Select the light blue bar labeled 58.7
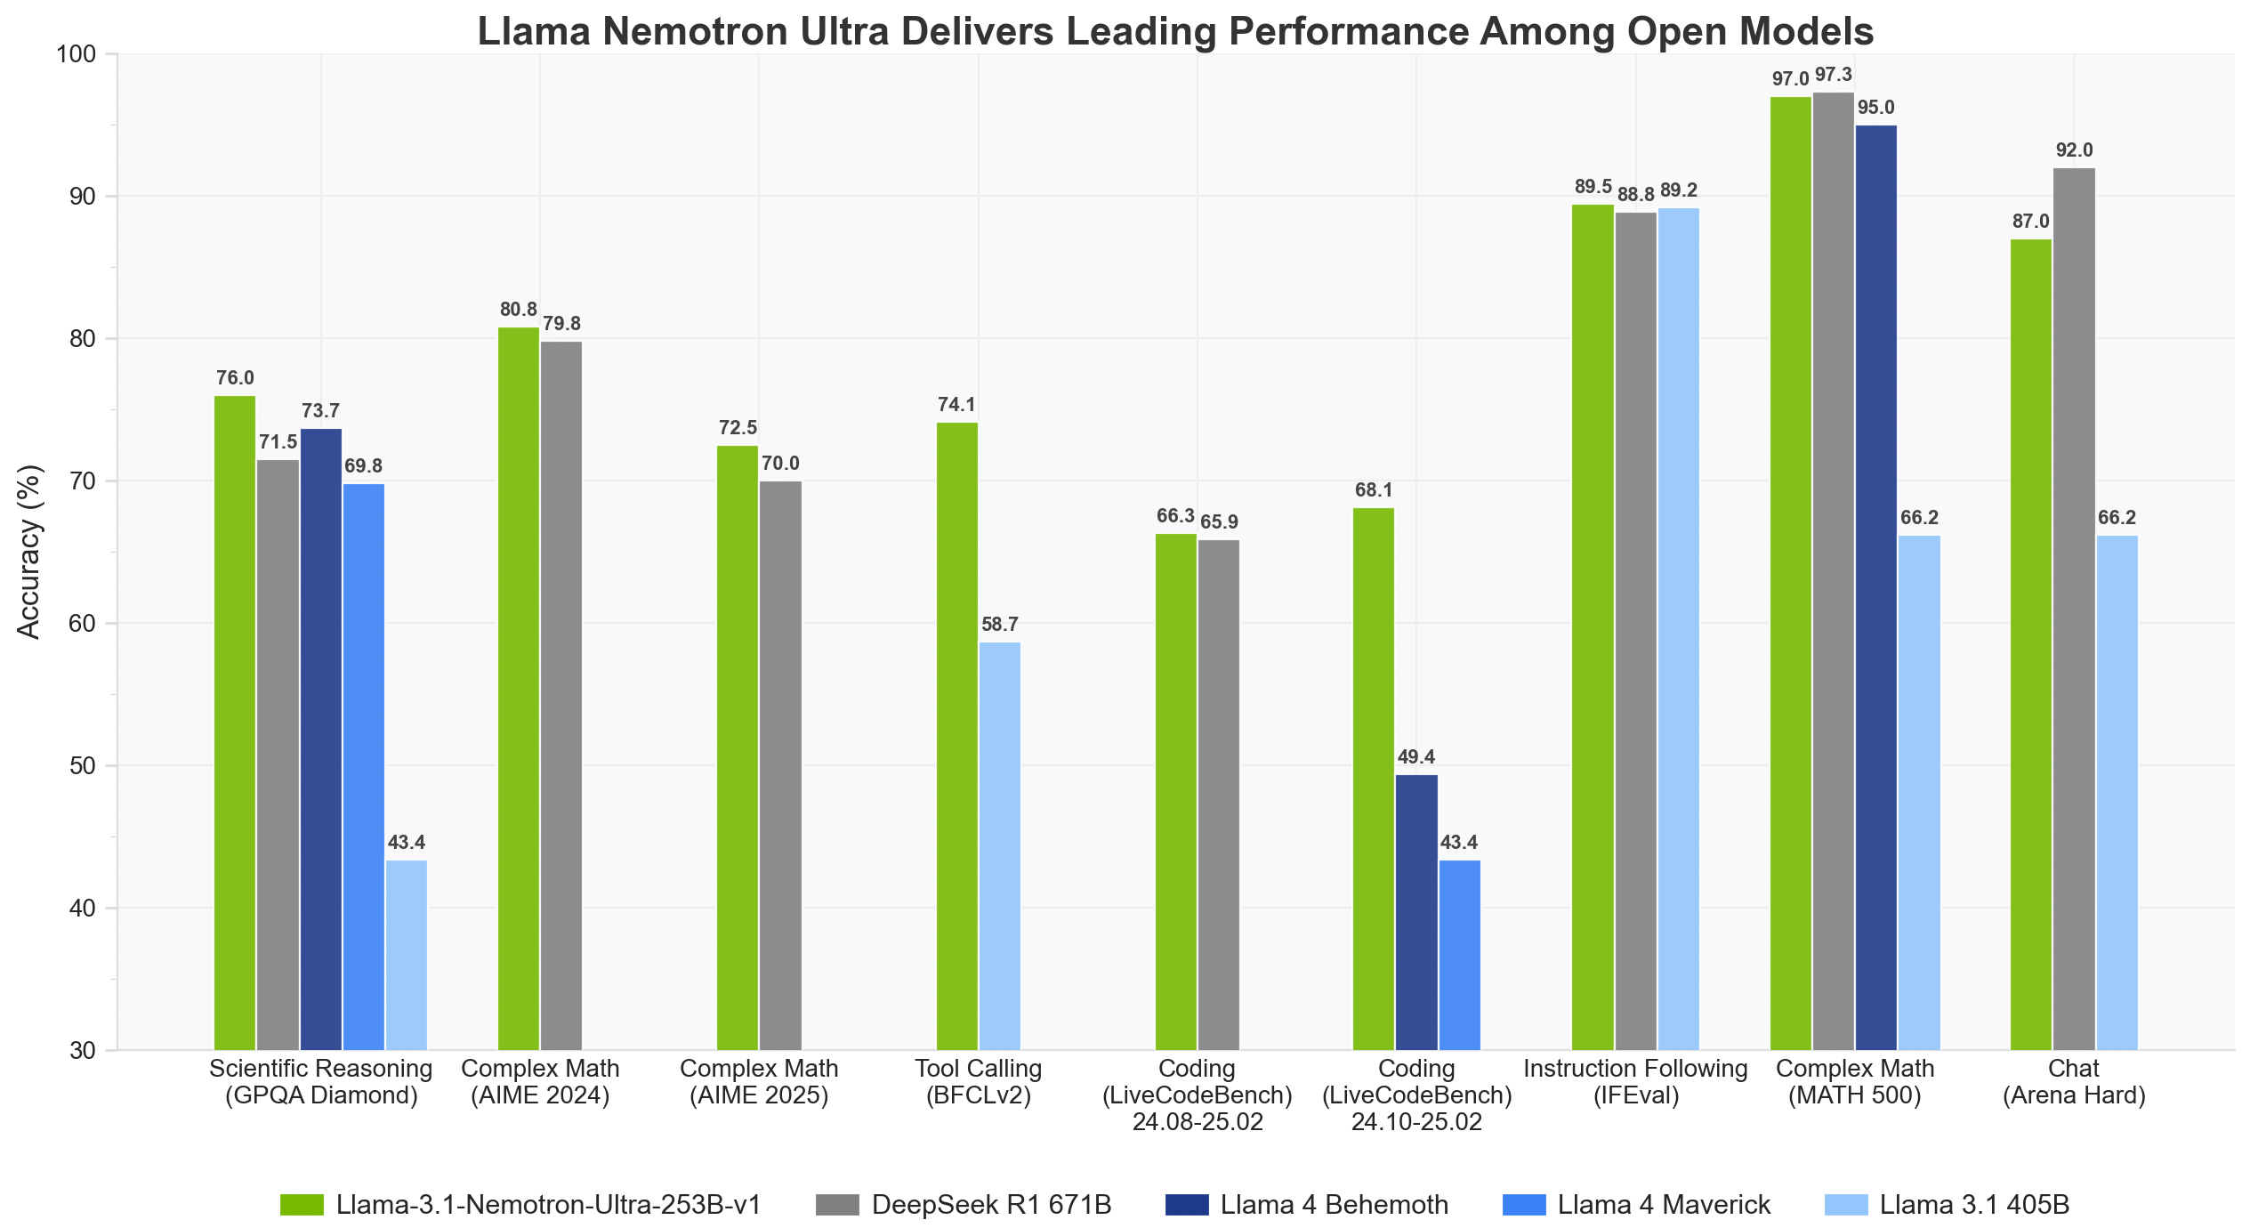(x=999, y=845)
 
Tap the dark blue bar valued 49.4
(x=1416, y=912)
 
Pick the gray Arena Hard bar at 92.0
(x=2074, y=609)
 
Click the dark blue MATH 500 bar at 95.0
(x=1876, y=587)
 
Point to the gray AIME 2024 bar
(x=561, y=695)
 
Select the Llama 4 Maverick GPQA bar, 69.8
(x=364, y=766)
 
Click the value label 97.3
(x=1834, y=75)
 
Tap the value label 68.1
(x=1374, y=490)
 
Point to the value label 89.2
(x=1679, y=190)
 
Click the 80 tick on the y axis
(x=82, y=339)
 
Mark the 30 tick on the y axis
(x=82, y=1051)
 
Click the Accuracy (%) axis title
(x=29, y=552)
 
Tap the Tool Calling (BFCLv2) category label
(x=978, y=1081)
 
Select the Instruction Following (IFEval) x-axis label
(x=1635, y=1081)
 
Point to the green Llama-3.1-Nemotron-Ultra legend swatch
(x=302, y=1205)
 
